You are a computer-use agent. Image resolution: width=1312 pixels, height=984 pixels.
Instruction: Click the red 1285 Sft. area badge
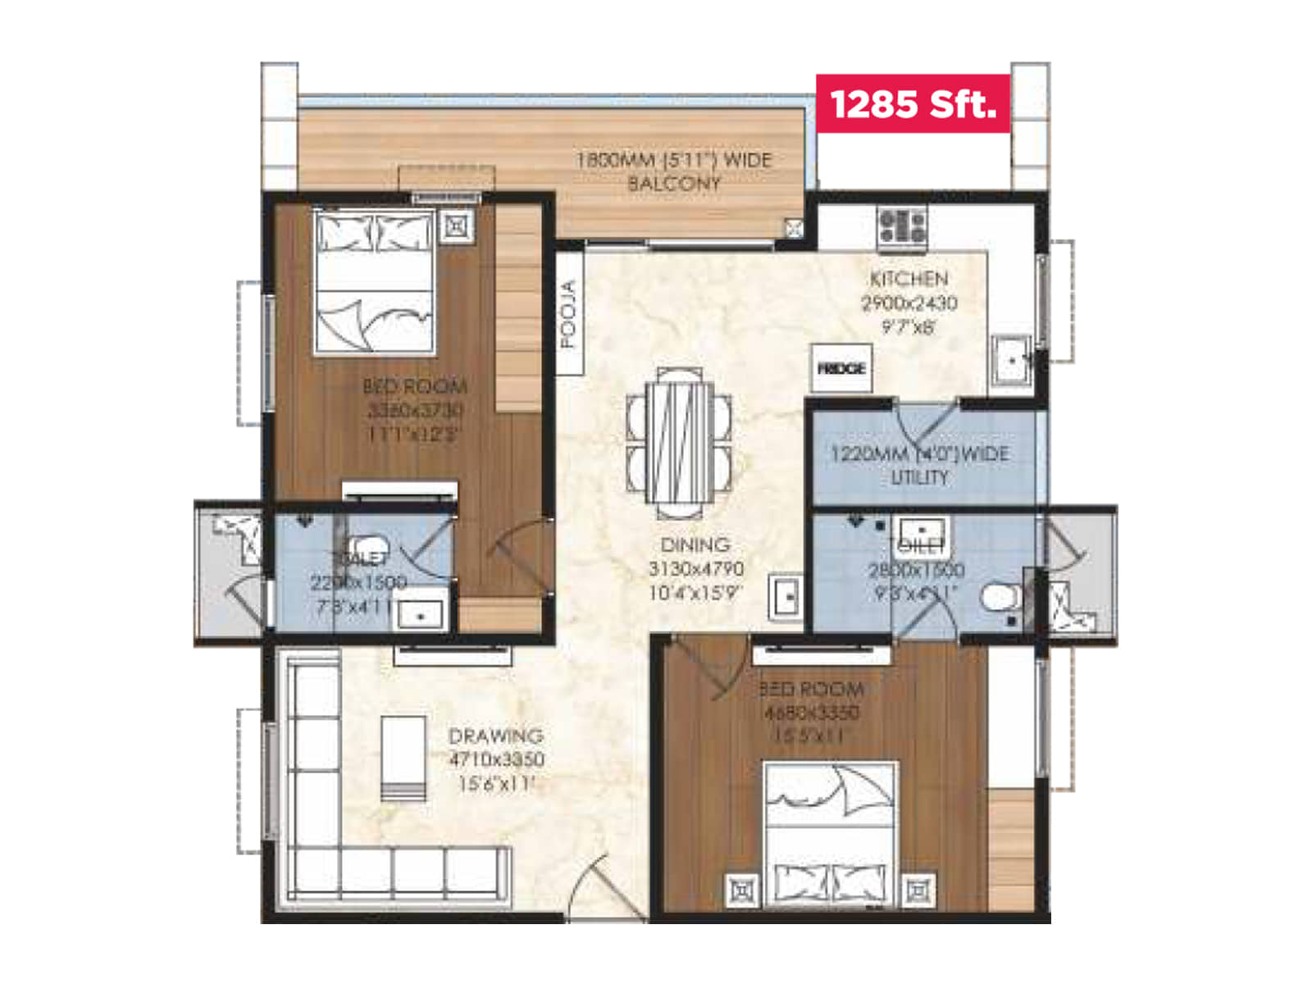[x=913, y=104]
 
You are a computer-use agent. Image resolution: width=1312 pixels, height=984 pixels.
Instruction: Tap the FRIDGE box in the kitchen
[x=841, y=369]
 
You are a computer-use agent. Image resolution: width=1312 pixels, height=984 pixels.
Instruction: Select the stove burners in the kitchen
[x=902, y=225]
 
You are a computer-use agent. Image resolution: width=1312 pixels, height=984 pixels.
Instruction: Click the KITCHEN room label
[x=909, y=279]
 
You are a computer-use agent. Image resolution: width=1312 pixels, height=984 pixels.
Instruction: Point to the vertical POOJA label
[x=568, y=314]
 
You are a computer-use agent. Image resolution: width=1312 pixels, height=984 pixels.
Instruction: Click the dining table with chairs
[x=678, y=444]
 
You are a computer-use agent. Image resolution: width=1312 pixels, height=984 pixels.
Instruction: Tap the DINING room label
[x=695, y=545]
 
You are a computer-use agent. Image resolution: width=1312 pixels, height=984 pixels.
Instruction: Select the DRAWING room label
[x=495, y=736]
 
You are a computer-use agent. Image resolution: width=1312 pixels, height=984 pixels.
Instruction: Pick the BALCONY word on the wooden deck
[x=673, y=184]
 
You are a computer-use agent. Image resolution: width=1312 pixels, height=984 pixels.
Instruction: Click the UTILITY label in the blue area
[x=918, y=477]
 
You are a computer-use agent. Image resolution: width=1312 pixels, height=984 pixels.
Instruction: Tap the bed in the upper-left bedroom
[x=375, y=281]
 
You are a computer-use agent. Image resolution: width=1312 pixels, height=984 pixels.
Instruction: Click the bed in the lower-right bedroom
[x=830, y=835]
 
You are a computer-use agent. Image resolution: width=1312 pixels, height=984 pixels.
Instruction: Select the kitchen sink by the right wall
[x=1011, y=359]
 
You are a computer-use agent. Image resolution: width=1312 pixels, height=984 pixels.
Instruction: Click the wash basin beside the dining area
[x=786, y=596]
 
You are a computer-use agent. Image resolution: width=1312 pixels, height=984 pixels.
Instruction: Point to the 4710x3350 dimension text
[x=497, y=759]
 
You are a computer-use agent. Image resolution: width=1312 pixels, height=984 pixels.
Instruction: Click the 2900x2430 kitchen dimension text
[x=909, y=303]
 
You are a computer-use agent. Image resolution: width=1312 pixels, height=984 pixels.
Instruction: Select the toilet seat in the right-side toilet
[x=998, y=598]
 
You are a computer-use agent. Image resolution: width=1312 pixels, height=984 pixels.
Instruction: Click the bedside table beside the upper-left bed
[x=456, y=225]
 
